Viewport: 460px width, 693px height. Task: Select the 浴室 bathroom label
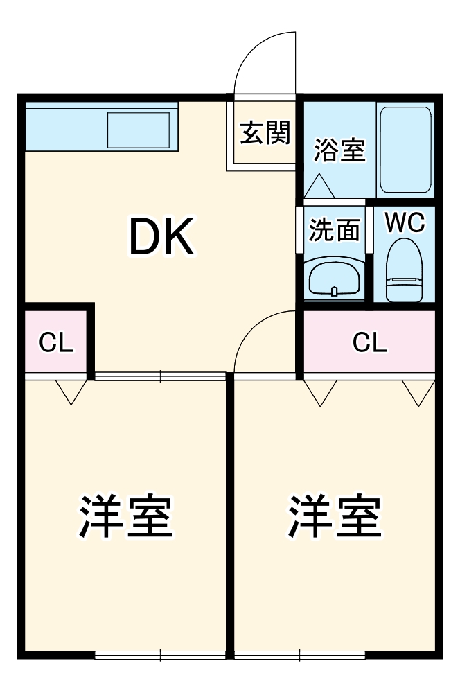tap(339, 150)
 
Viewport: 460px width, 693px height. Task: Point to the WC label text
tap(405, 223)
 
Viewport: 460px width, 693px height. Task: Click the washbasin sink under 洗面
tap(335, 279)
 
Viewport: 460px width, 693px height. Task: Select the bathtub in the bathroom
tap(405, 150)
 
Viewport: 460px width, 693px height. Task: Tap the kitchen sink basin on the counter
tap(139, 130)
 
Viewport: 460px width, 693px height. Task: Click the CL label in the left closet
tap(56, 342)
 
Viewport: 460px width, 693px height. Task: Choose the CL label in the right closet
tap(370, 342)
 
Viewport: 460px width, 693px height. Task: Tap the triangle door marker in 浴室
tap(319, 186)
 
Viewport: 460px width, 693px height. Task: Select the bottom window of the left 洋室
tap(160, 653)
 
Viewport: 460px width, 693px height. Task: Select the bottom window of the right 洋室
tap(299, 653)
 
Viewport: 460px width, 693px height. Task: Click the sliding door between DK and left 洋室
tap(160, 376)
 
